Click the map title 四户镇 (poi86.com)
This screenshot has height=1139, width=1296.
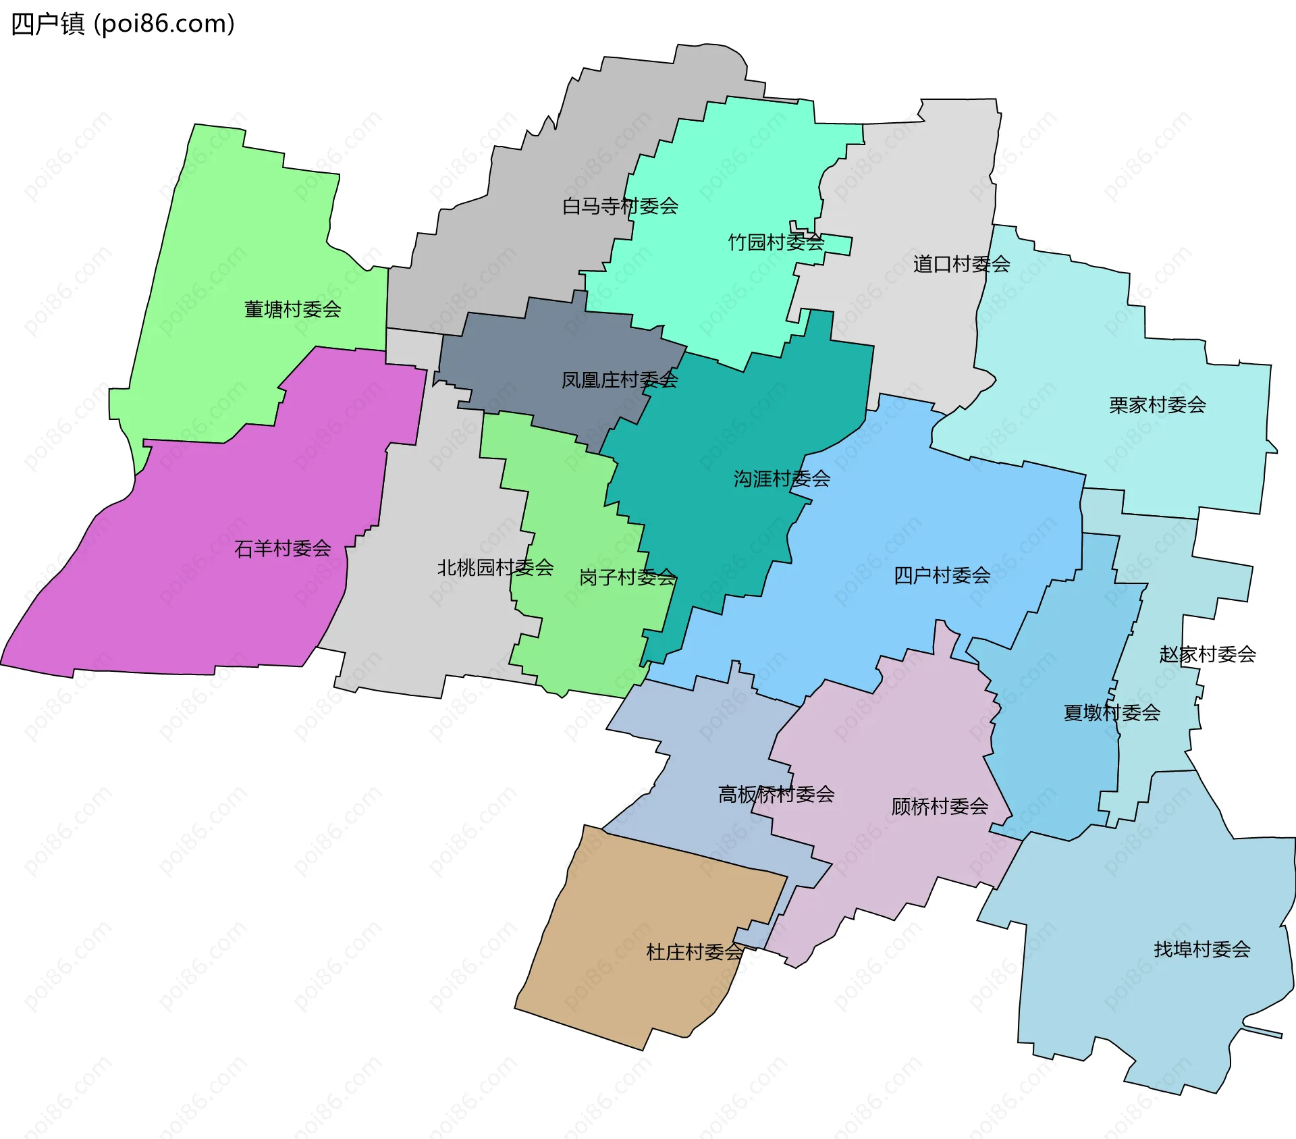123,24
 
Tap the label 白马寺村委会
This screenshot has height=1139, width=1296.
620,206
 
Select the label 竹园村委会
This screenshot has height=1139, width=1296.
776,242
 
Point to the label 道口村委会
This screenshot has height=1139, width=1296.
961,264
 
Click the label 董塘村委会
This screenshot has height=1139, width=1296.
292,309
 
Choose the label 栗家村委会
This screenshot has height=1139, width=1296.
1157,405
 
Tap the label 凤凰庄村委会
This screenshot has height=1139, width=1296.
620,380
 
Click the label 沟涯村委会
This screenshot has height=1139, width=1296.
782,479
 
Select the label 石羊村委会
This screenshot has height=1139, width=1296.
282,548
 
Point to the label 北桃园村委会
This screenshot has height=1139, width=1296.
495,568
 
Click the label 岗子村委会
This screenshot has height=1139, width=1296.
627,577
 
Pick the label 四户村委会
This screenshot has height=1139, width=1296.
942,575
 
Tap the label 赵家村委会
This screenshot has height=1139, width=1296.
1207,654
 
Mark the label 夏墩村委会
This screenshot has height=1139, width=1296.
1112,712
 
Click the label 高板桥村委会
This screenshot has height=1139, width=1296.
776,794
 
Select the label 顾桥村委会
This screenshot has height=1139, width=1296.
940,806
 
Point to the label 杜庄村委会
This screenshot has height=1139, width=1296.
695,952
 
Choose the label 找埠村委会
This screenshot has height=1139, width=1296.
1201,949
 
